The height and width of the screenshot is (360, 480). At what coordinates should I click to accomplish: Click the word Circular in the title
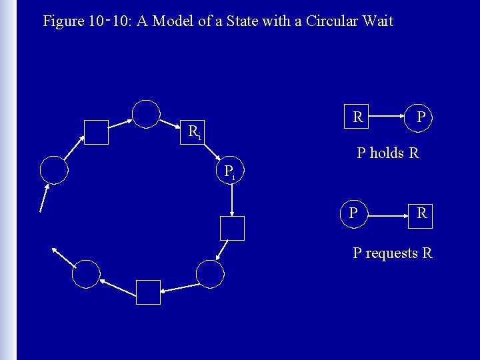331,21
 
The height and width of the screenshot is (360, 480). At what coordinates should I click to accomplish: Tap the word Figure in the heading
63,21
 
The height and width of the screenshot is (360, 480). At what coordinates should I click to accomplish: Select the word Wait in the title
378,21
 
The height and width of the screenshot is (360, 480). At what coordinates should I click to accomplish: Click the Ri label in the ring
194,131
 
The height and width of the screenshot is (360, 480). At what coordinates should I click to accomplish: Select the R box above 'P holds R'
357,117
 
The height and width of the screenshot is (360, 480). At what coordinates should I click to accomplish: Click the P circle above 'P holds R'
421,117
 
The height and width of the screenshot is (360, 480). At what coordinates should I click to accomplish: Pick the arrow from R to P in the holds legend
389,117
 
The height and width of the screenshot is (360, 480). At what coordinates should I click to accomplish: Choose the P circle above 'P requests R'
353,213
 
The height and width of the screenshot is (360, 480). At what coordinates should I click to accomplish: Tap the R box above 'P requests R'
421,214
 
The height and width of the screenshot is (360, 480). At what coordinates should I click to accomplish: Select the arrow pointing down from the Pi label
231,197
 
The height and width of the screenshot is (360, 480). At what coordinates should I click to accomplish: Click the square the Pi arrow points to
232,228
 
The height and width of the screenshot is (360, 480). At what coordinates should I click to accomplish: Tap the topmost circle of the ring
147,113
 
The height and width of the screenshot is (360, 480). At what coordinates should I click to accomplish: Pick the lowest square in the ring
148,292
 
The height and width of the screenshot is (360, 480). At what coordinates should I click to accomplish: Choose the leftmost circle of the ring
54,169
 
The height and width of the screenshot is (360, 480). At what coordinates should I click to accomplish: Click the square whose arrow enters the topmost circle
97,132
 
